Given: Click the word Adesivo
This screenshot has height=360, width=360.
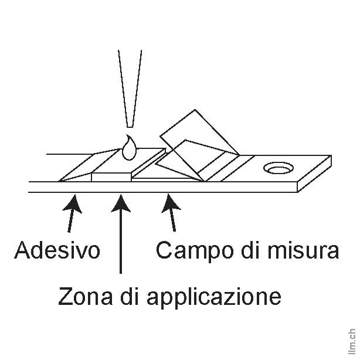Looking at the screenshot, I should tap(57, 250).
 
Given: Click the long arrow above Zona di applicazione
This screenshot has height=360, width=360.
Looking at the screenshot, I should tap(120, 235).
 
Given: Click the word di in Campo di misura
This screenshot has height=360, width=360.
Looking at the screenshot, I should tap(248, 250).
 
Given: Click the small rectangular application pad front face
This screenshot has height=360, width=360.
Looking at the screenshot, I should tap(112, 175).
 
